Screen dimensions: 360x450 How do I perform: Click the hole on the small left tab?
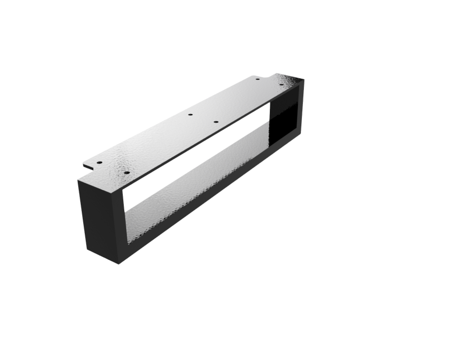(x=99, y=163)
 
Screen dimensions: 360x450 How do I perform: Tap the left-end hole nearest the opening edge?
(x=127, y=173)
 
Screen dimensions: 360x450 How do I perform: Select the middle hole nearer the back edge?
(x=190, y=115)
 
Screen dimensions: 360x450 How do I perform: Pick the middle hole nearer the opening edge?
(x=216, y=122)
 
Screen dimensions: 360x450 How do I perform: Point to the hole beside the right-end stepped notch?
(x=257, y=78)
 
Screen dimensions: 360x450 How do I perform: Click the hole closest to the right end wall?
(x=281, y=85)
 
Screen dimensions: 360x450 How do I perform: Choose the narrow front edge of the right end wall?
(x=301, y=107)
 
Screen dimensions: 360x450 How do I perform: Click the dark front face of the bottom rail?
(x=210, y=199)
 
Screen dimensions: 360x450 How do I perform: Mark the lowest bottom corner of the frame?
(x=119, y=263)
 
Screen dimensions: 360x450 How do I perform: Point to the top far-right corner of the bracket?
(x=303, y=79)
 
